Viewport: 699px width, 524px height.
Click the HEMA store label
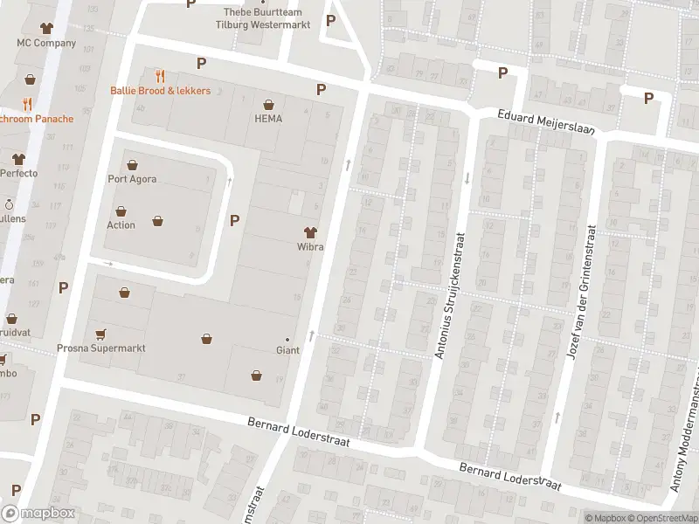click(x=268, y=119)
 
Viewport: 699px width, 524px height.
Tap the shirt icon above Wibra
click(x=309, y=231)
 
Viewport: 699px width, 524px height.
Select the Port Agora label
click(x=132, y=180)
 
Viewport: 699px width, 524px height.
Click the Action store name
click(x=121, y=225)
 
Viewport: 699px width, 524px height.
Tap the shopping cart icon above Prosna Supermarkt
click(x=100, y=333)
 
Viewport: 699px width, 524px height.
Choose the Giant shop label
click(x=287, y=350)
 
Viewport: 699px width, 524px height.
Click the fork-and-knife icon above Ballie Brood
click(x=160, y=76)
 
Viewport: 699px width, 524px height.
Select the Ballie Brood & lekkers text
click(x=160, y=91)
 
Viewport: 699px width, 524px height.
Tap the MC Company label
click(x=47, y=43)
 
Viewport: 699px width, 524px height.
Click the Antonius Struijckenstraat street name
click(x=453, y=295)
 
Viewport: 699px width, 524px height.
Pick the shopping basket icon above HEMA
click(x=268, y=103)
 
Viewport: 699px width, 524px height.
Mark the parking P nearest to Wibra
click(x=234, y=220)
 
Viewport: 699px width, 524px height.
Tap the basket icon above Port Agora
click(x=132, y=164)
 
